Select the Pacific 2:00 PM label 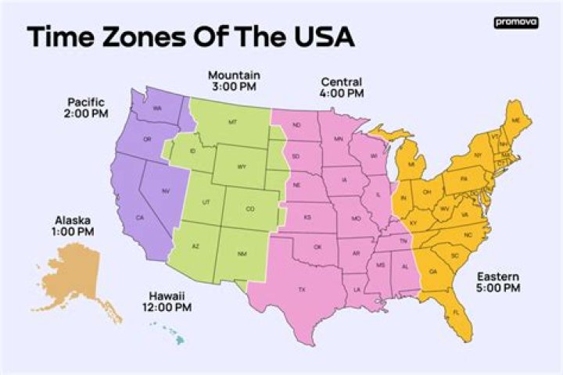click(x=86, y=108)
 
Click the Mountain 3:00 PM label click(x=234, y=80)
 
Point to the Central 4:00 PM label click(x=342, y=87)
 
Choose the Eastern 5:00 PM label click(x=499, y=281)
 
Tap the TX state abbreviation click(x=302, y=290)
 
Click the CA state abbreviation click(x=140, y=217)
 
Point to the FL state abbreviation click(x=457, y=312)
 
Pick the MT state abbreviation click(x=232, y=123)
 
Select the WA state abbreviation click(x=157, y=108)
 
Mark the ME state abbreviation click(x=515, y=120)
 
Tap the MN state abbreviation click(x=339, y=138)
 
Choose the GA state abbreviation click(x=432, y=271)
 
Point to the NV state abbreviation click(x=166, y=191)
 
